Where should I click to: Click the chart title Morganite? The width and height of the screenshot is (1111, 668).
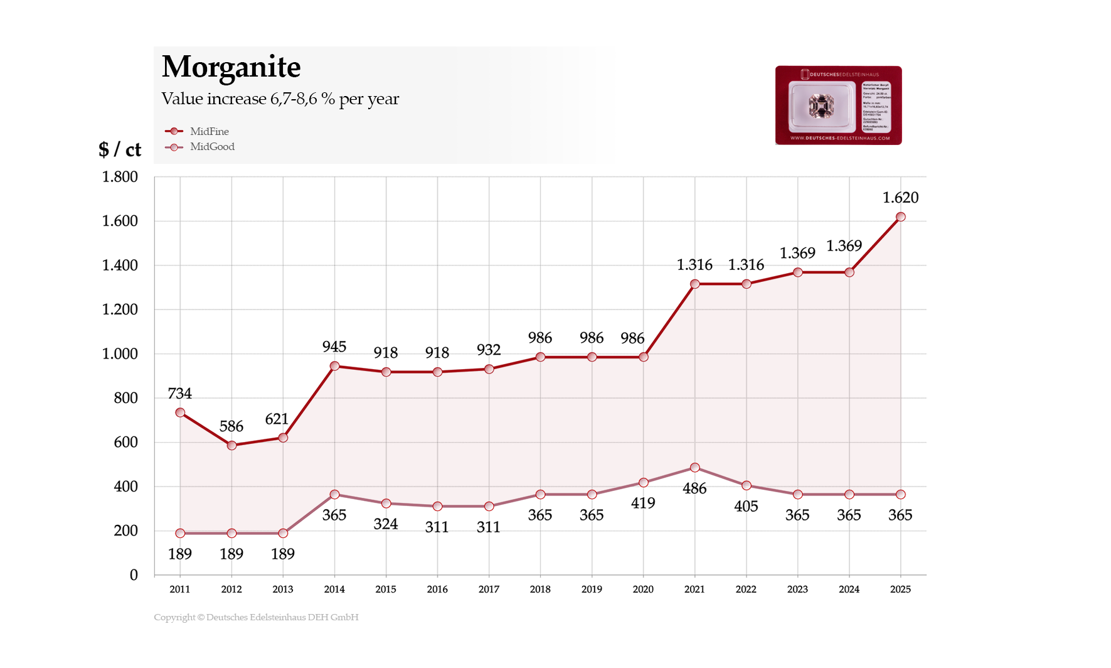pos(231,67)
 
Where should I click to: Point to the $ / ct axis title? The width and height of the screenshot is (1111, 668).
pos(119,149)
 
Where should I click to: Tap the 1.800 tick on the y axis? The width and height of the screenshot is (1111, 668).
pos(120,177)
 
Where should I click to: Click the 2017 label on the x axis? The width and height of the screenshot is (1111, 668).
pos(489,589)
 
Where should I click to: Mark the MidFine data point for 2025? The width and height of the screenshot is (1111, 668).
pos(900,217)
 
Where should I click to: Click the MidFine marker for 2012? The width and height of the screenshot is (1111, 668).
pos(231,445)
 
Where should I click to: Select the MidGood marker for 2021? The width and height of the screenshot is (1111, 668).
pos(694,468)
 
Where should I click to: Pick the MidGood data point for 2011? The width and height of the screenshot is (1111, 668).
pos(180,533)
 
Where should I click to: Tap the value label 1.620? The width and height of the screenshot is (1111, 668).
pos(900,198)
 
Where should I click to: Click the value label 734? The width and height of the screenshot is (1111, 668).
pos(180,394)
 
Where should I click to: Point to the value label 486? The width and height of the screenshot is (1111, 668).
pos(694,488)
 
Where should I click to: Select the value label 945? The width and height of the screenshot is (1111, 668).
pos(334,347)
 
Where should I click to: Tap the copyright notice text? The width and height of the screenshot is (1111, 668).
pos(256,617)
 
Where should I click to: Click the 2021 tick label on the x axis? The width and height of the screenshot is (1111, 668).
pos(694,589)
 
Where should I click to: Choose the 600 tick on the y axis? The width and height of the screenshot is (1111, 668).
pos(125,442)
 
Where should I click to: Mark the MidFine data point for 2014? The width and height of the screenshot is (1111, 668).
pos(334,366)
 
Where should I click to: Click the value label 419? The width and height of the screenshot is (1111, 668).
pos(643,503)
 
